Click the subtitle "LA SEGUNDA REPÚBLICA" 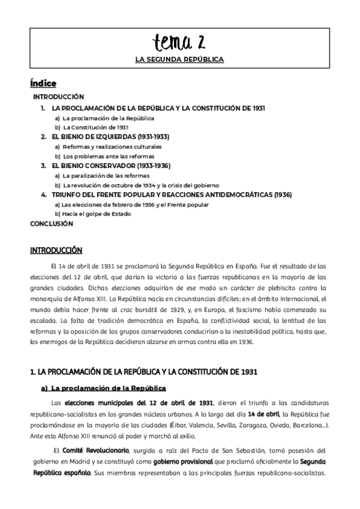(179, 60)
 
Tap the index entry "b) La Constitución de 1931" (92, 127)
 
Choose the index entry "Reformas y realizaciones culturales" (108, 146)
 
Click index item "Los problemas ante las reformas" (104, 156)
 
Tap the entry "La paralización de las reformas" (103, 175)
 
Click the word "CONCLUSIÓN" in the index (51, 223)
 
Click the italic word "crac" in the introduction (107, 309)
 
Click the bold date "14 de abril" (265, 414)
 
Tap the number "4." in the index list (44, 194)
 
